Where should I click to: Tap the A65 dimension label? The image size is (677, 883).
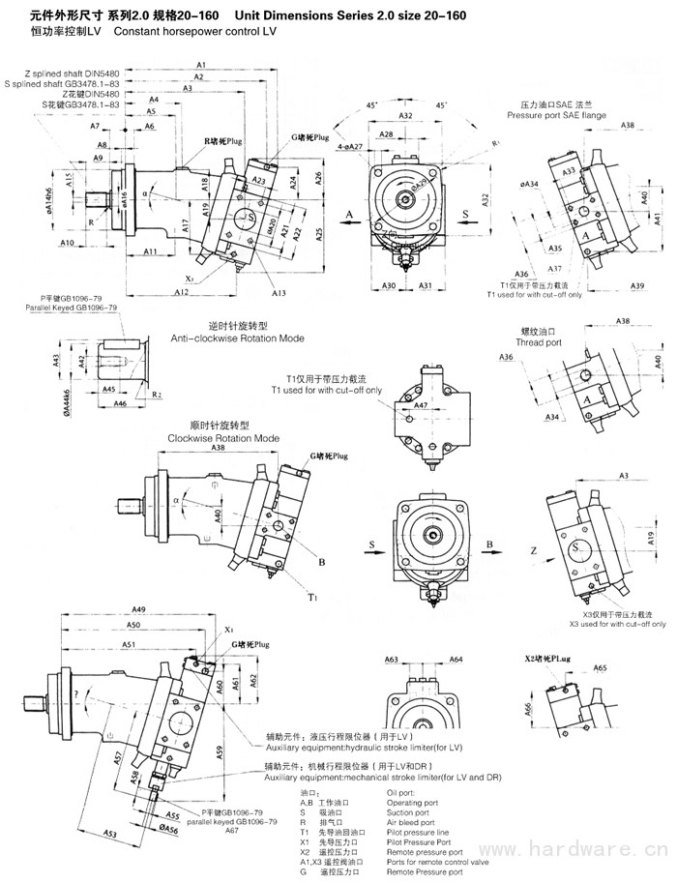coord(600,668)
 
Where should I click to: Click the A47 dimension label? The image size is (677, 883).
coord(422,407)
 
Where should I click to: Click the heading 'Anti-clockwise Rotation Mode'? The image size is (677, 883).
coord(237,338)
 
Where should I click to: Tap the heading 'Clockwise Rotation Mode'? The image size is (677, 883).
coord(223,437)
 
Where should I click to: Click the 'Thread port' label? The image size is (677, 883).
coord(540,342)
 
